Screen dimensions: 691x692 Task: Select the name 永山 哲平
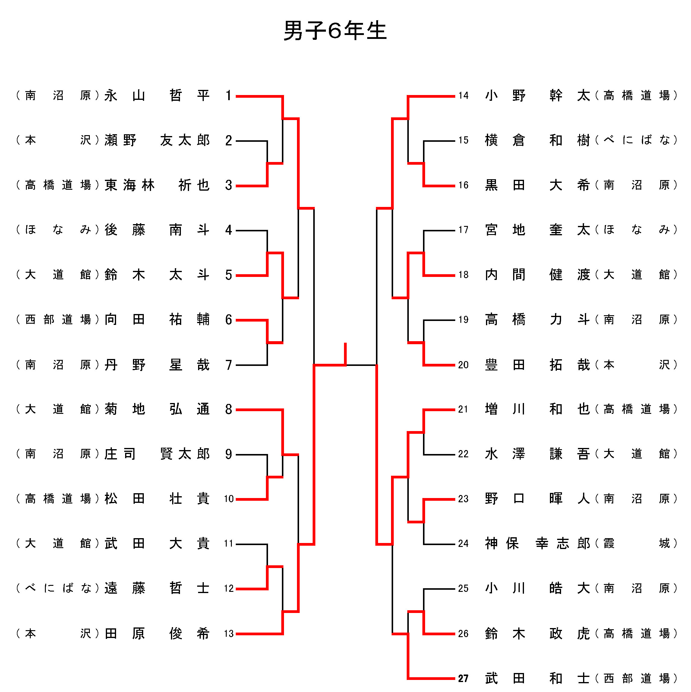click(x=157, y=96)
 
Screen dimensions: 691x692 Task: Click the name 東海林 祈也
click(x=157, y=185)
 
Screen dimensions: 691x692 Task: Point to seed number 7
click(x=229, y=365)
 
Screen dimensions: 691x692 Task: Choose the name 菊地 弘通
click(x=157, y=409)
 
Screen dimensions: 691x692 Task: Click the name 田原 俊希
click(x=157, y=633)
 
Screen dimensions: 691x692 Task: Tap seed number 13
click(x=229, y=633)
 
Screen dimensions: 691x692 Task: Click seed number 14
click(x=463, y=96)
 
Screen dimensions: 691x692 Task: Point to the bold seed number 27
click(x=463, y=678)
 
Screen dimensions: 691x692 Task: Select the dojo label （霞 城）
click(x=636, y=543)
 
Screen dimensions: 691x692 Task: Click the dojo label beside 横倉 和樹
click(x=636, y=140)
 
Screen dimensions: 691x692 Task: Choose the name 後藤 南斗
click(x=157, y=230)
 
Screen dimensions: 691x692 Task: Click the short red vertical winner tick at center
click(x=345, y=354)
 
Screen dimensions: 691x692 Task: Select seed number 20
click(x=463, y=365)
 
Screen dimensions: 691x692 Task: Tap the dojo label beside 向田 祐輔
click(x=57, y=319)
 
